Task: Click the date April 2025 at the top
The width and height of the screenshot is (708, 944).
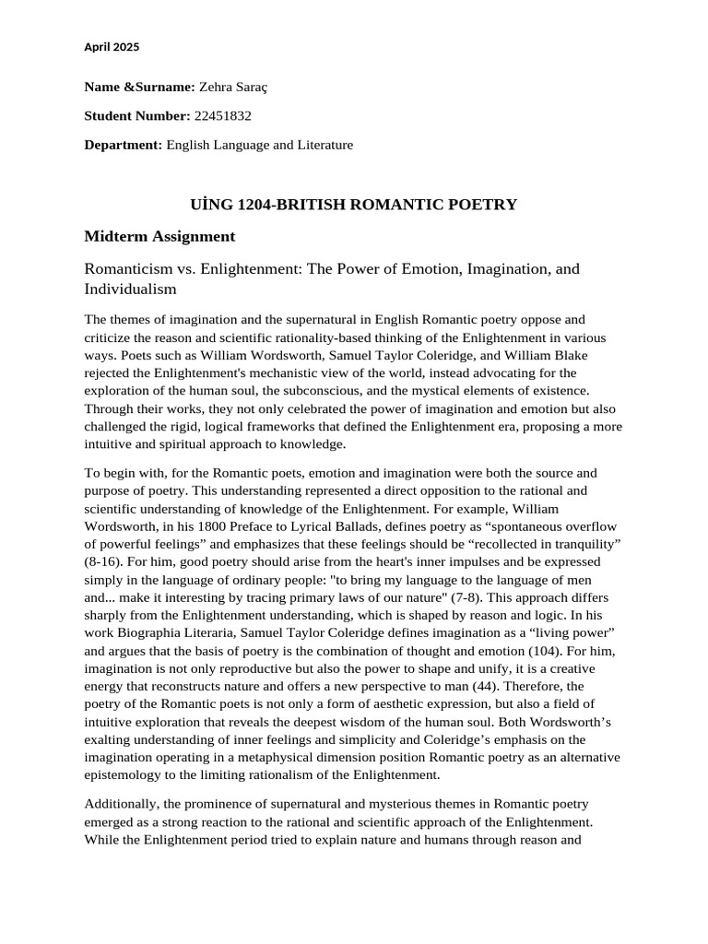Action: click(112, 46)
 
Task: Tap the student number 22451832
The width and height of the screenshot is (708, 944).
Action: click(222, 116)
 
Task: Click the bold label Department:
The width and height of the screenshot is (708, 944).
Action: click(123, 145)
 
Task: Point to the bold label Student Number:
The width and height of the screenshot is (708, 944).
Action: click(136, 116)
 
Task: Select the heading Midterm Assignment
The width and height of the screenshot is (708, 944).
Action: click(159, 237)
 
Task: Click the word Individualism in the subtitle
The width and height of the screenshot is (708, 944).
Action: click(130, 289)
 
